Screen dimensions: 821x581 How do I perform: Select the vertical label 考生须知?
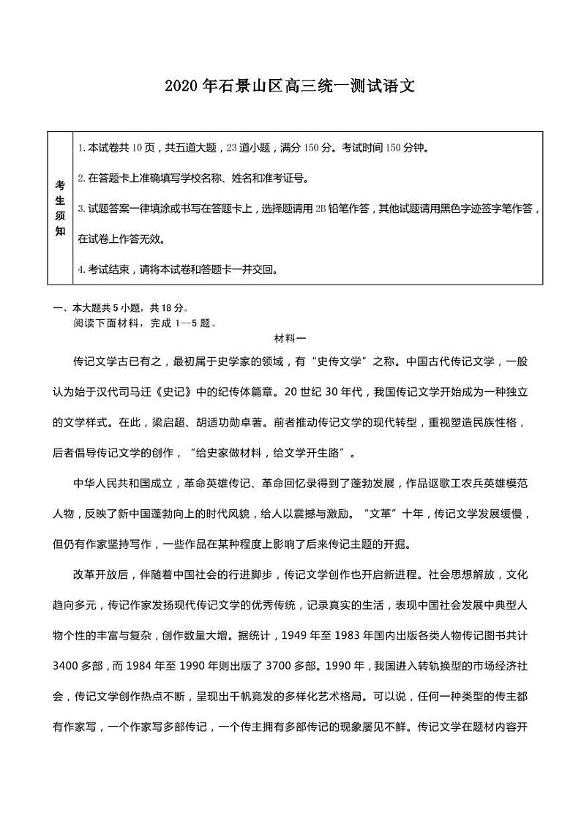click(60, 207)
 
